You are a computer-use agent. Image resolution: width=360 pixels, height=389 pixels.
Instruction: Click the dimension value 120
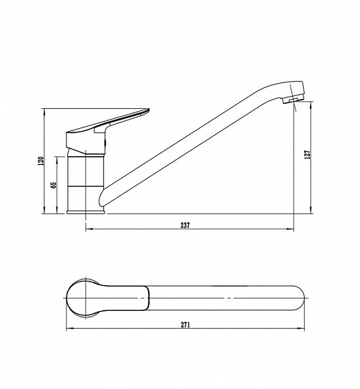point(42,161)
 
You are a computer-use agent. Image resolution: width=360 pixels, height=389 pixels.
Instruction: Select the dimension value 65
point(53,185)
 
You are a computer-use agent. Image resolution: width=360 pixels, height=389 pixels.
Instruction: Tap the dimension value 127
point(308,154)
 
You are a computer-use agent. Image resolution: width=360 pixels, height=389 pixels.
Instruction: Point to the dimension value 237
point(185,225)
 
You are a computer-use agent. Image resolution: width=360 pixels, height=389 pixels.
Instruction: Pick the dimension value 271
point(185,325)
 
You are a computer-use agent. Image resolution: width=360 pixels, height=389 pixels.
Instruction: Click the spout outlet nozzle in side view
point(290,100)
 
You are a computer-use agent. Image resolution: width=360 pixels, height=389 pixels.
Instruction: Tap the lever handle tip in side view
point(147,111)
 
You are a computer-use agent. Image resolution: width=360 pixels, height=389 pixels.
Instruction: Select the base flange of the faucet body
point(86,212)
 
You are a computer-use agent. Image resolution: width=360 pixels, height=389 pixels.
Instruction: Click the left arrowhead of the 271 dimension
point(69,329)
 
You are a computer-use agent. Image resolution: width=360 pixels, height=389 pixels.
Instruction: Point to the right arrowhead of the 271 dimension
point(301,329)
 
